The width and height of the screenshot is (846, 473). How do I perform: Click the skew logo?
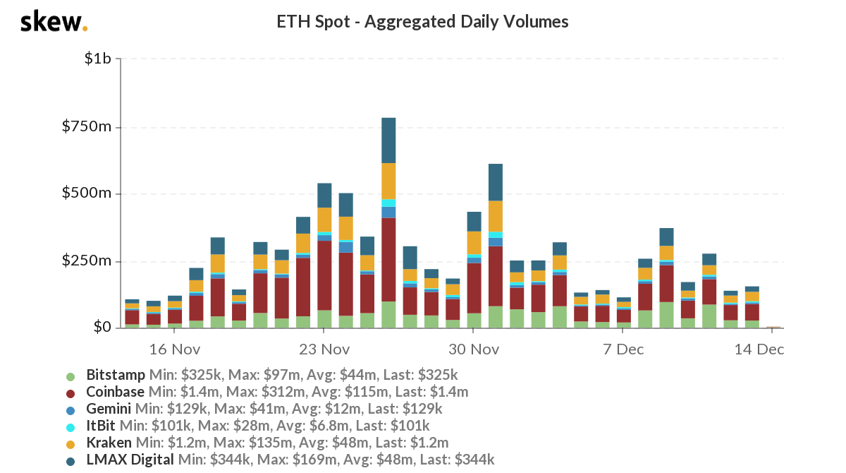point(54,23)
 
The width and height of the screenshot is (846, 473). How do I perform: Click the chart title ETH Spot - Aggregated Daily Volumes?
point(423,22)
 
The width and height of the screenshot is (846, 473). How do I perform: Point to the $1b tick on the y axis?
point(97,59)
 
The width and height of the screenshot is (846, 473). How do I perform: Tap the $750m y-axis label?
point(87,127)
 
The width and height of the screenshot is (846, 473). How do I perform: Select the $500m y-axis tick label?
point(87,194)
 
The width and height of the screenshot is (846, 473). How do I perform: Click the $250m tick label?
point(87,261)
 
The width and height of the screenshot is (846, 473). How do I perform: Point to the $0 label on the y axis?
point(103,328)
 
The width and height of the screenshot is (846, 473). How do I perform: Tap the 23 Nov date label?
point(324,349)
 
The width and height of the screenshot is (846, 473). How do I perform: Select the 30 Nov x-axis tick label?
point(474,349)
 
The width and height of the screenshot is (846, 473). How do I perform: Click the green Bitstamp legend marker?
point(70,376)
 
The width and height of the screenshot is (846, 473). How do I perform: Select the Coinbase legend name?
point(115,391)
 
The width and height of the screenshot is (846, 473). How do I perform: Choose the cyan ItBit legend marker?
point(70,426)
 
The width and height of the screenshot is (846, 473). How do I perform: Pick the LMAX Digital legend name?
point(130,460)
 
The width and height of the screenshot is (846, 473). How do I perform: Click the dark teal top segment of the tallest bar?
point(388,140)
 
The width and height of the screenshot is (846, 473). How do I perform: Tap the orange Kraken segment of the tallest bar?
point(388,181)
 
